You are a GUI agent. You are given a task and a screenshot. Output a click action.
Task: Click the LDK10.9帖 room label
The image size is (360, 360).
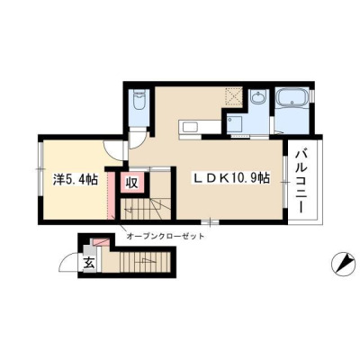click(x=230, y=179)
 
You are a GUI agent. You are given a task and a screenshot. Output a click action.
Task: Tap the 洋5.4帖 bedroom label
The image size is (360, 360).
click(x=76, y=180)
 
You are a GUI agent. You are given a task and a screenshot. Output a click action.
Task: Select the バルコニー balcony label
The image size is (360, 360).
click(x=301, y=182)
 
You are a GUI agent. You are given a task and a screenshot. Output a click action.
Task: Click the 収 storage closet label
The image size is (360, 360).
click(x=131, y=183)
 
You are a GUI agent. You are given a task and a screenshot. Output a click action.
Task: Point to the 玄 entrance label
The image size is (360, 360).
click(x=89, y=263)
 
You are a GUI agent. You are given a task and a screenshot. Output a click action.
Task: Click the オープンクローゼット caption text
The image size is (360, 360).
click(x=166, y=237)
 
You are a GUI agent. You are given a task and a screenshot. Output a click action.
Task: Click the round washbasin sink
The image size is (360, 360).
click(x=257, y=98)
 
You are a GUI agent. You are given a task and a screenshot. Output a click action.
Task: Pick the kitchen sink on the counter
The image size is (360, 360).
click(x=190, y=129)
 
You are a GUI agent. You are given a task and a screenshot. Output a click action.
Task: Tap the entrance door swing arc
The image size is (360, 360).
click(x=66, y=260)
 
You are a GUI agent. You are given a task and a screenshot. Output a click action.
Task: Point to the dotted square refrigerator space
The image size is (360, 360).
click(x=234, y=95)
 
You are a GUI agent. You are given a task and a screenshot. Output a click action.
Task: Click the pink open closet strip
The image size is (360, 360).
click(x=111, y=195)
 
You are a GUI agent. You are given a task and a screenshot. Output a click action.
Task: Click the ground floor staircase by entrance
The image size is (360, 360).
click(x=145, y=261)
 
